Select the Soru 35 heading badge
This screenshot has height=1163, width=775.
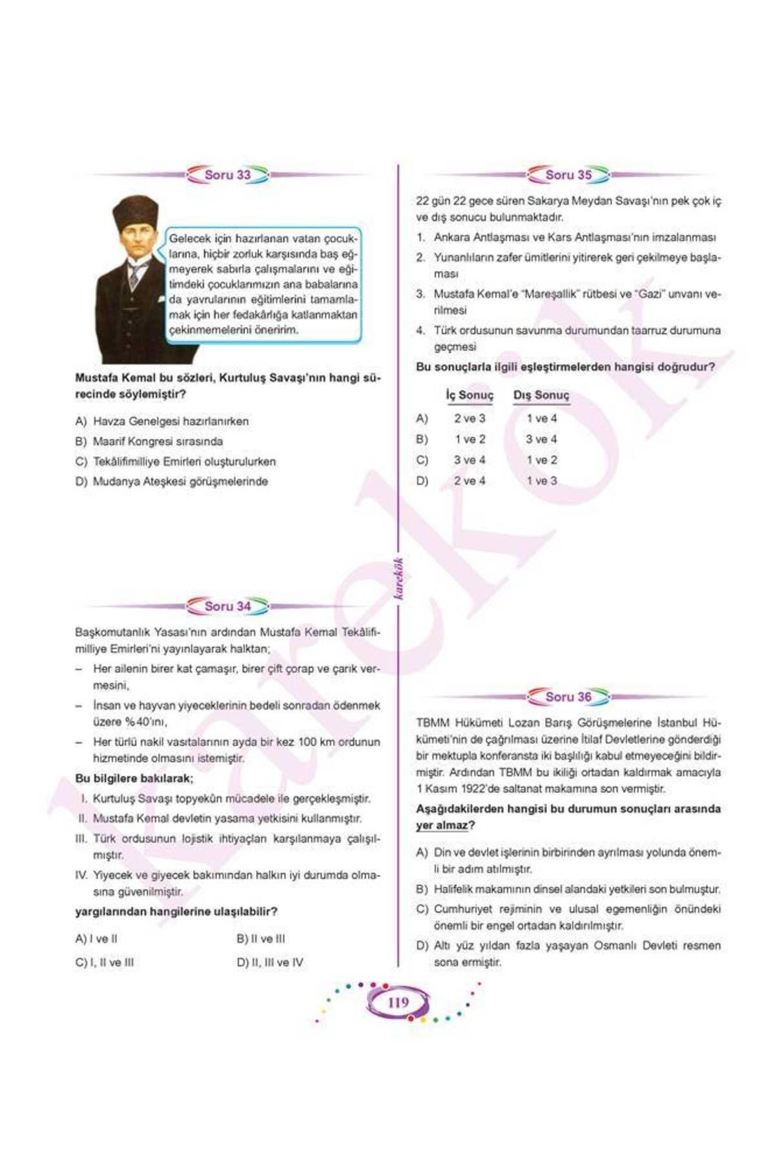click(x=568, y=175)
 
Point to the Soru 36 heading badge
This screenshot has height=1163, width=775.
click(x=568, y=697)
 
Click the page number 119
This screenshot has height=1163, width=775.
click(x=398, y=1002)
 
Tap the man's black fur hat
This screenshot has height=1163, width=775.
click(x=136, y=214)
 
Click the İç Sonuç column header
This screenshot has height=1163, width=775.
click(x=470, y=395)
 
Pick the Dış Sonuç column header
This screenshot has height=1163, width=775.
click(x=541, y=395)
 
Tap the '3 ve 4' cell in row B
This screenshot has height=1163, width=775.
click(x=541, y=439)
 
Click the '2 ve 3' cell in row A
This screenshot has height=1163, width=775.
click(x=470, y=419)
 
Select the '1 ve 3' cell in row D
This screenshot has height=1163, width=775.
click(x=541, y=481)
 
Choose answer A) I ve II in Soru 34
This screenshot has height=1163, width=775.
click(x=96, y=939)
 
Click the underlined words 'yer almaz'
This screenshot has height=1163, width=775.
click(x=441, y=826)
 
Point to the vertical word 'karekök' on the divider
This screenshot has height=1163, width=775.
click(x=398, y=578)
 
